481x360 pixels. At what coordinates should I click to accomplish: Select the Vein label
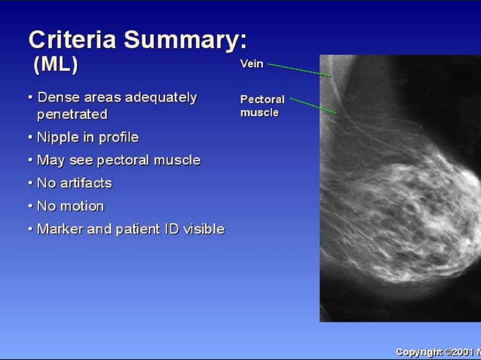pos(251,64)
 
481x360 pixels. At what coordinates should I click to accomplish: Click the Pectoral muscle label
pos(262,105)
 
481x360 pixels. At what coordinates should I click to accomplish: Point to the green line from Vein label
pos(299,69)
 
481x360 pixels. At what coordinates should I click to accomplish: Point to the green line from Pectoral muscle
pos(312,105)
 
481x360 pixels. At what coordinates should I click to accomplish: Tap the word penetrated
pos(72,114)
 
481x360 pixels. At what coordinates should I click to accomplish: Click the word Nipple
pos(57,137)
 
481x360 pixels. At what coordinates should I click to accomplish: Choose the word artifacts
pos(84,183)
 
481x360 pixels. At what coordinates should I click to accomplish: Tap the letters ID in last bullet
pos(175,229)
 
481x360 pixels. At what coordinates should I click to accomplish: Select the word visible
pos(205,229)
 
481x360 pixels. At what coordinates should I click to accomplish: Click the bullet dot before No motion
pos(29,206)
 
